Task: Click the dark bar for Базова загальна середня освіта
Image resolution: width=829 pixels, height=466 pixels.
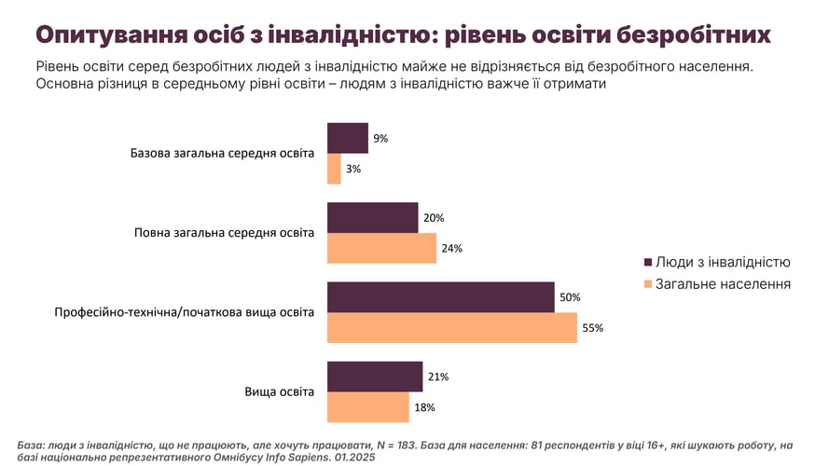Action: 347,138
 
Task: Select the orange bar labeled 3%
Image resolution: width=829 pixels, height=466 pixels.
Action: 334,169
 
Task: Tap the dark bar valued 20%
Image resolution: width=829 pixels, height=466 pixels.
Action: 372,217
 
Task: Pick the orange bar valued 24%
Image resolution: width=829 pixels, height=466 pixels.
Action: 381,248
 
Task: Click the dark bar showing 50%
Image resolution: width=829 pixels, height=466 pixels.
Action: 441,296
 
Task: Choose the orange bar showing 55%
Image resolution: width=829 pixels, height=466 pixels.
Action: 452,327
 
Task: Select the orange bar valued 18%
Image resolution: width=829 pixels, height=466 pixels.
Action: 367,407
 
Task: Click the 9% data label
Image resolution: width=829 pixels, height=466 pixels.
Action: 380,138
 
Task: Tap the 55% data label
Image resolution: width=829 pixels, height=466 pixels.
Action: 594,328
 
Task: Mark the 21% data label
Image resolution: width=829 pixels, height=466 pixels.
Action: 438,377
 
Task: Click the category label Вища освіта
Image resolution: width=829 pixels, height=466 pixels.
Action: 280,391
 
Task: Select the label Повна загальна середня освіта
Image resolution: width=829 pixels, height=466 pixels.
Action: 225,232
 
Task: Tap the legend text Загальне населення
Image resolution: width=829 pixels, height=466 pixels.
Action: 723,283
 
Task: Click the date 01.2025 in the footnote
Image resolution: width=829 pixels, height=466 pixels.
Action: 359,458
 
